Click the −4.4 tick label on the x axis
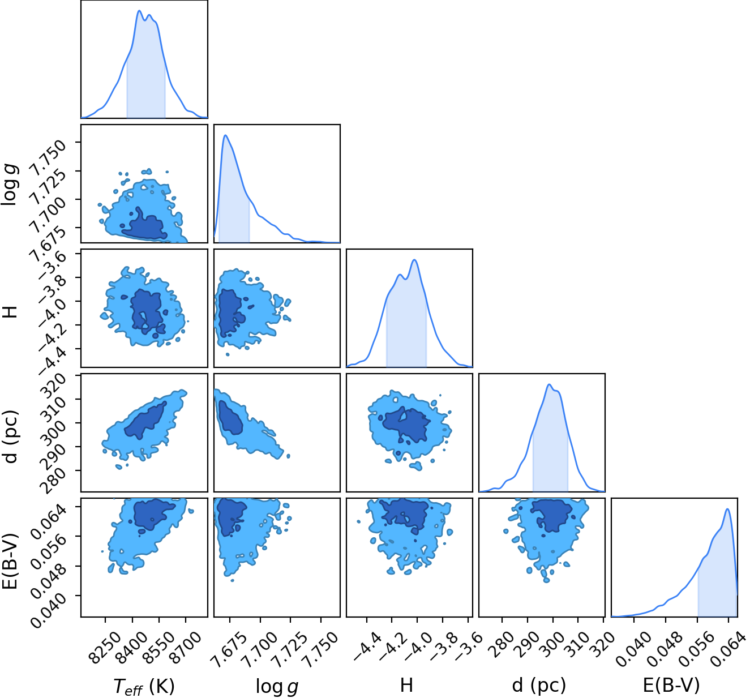366,646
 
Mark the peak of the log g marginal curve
225,135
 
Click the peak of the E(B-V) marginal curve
727,509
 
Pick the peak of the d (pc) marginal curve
549,384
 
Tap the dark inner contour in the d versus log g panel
230,418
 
